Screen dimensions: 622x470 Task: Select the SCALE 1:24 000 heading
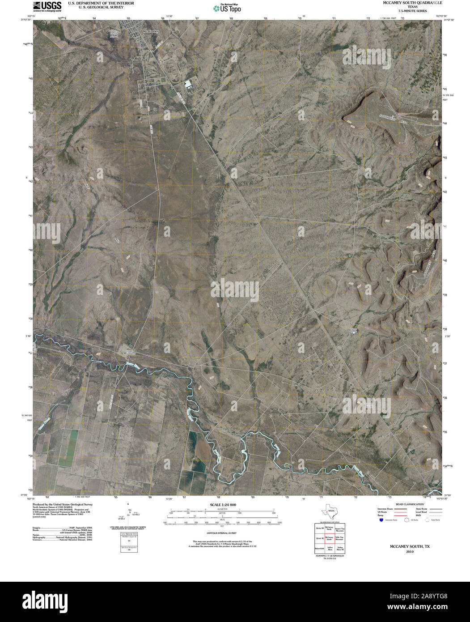click(x=223, y=505)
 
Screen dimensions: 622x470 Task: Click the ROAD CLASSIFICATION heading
click(x=407, y=504)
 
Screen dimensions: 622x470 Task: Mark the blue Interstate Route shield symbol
click(x=381, y=520)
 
